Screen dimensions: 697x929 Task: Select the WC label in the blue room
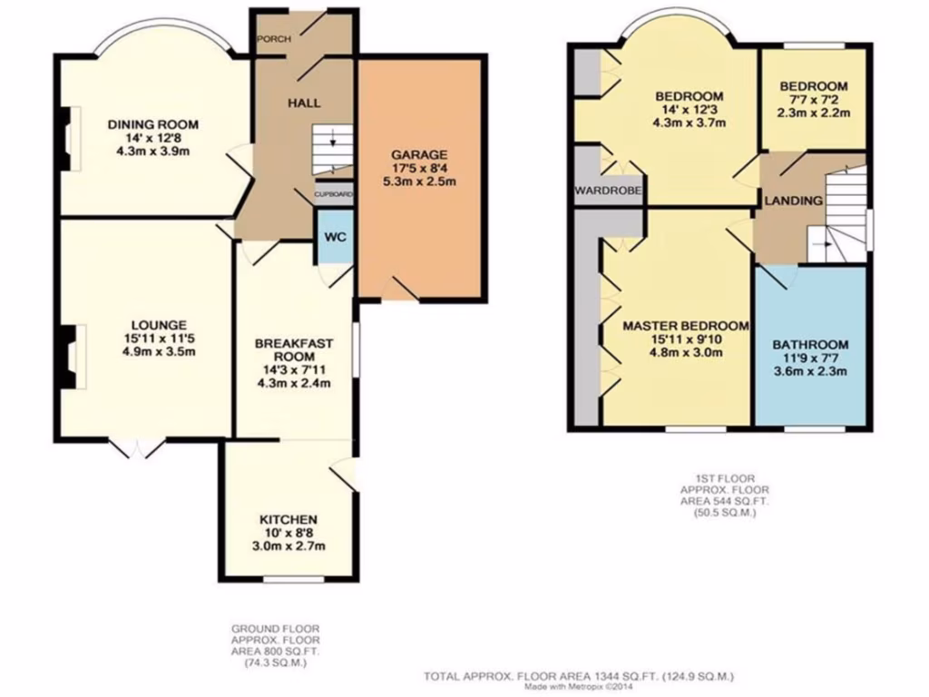pyautogui.click(x=336, y=237)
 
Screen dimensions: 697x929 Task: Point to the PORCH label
pyautogui.click(x=273, y=39)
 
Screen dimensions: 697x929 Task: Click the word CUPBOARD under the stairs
pyautogui.click(x=333, y=194)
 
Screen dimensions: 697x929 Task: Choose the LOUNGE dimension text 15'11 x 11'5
pyautogui.click(x=158, y=339)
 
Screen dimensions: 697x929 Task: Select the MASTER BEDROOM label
pyautogui.click(x=685, y=326)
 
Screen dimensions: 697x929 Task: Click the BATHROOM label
pyautogui.click(x=810, y=345)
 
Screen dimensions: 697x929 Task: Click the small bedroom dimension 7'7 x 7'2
pyautogui.click(x=814, y=100)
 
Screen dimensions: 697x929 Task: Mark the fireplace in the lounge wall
pyautogui.click(x=69, y=357)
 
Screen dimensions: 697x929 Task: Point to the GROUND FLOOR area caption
pyautogui.click(x=275, y=645)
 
